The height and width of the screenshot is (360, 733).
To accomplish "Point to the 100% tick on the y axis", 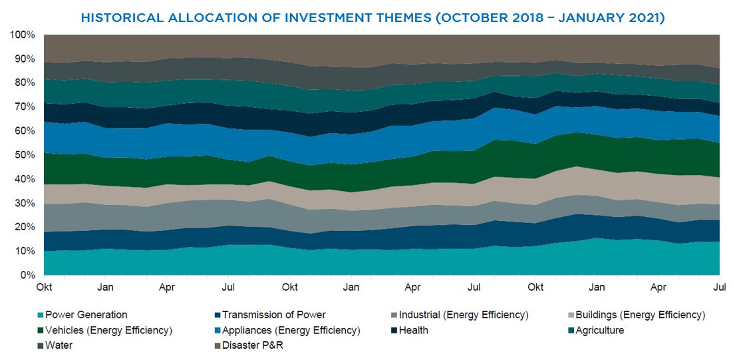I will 23,35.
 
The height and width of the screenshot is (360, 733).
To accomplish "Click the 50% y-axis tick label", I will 25,155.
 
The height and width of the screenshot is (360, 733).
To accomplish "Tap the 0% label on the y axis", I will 28,275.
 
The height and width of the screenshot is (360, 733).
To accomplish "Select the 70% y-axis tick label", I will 25,107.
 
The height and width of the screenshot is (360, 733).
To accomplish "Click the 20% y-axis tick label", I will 25,228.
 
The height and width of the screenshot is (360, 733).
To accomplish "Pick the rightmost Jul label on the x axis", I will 719,287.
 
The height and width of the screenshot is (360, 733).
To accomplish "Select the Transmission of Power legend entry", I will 273,315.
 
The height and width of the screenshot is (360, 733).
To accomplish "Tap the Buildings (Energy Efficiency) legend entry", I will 643,315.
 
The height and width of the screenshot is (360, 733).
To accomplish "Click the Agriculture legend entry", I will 598,330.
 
